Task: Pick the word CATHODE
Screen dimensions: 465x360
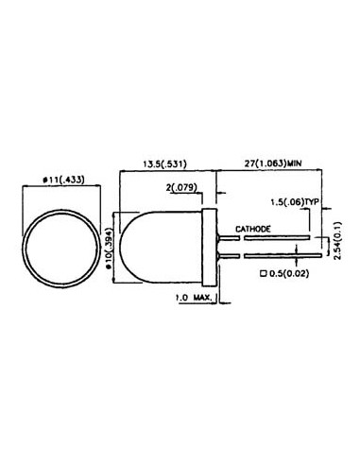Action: [x=254, y=229]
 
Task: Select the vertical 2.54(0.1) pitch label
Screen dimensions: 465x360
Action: [x=337, y=242]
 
